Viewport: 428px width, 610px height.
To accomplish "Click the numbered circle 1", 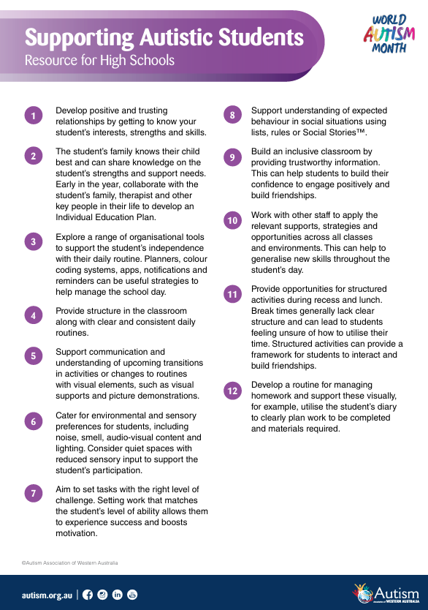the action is tap(33, 116).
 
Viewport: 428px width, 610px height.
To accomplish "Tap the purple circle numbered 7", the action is tap(33, 493).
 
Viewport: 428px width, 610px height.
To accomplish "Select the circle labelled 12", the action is tap(232, 391).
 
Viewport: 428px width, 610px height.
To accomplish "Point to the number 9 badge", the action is tap(232, 157).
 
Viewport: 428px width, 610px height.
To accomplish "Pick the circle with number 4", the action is tap(33, 316).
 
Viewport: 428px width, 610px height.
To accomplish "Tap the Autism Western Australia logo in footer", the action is tap(385, 593).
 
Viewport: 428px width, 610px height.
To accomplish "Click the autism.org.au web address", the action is tap(47, 595).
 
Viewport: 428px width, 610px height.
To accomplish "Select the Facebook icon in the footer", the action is tap(88, 595).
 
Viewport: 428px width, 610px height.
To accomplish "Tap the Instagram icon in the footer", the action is tap(103, 595).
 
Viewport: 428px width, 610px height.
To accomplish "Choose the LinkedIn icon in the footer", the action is tap(118, 595).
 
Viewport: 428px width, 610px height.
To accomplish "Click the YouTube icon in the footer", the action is tap(132, 595).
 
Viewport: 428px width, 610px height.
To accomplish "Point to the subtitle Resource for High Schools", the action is tap(99, 60).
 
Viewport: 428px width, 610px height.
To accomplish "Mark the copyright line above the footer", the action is tap(69, 562).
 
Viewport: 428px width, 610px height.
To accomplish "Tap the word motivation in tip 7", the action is tap(77, 533).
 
